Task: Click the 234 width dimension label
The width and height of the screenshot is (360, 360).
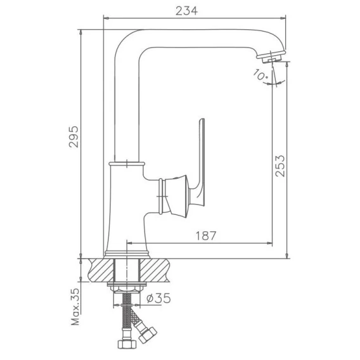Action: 186,11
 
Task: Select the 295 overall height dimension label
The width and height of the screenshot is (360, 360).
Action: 74,136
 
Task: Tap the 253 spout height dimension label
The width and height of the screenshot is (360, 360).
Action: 280,166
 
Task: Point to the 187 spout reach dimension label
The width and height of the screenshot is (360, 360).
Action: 206,236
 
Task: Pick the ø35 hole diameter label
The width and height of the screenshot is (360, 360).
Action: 159,298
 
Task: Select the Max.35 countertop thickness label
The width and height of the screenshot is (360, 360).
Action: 75,307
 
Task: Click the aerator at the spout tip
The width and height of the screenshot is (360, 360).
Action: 271,57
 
